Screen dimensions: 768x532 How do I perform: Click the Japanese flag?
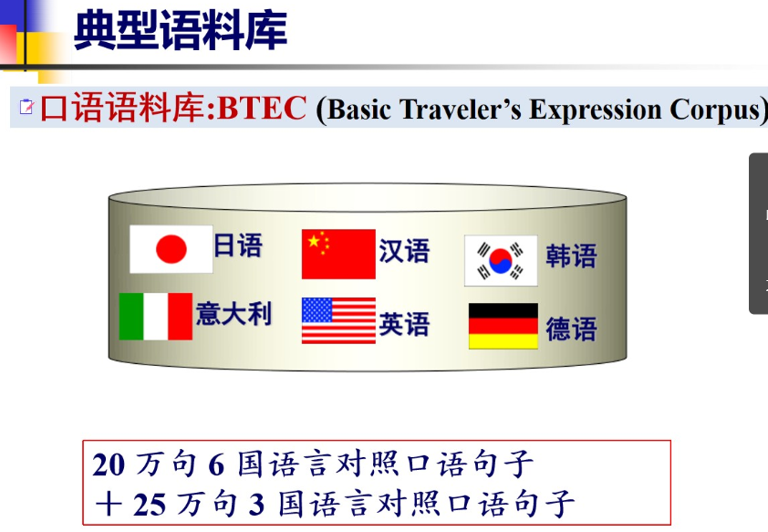[x=171, y=249]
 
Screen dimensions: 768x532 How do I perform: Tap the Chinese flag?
[x=338, y=254]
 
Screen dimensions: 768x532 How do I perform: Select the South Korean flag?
[x=501, y=260]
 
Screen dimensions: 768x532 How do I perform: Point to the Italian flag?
[x=156, y=316]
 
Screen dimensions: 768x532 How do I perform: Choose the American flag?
[x=338, y=320]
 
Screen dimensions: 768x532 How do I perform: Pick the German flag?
[x=503, y=326]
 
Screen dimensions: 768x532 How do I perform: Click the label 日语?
[x=238, y=245]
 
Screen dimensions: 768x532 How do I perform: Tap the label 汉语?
[x=404, y=251]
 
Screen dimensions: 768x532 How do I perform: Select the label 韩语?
[x=571, y=256]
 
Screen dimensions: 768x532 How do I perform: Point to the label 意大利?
[x=234, y=314]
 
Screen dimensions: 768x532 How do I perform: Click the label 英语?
[x=404, y=324]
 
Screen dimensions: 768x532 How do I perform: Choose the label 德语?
[x=571, y=329]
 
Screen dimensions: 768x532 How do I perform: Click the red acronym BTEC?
[x=262, y=108]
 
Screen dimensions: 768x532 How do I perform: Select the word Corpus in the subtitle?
[x=714, y=110]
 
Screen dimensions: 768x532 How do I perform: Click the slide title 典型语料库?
[x=181, y=30]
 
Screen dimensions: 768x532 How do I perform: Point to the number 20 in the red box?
[x=109, y=464]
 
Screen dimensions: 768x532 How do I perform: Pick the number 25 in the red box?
[x=150, y=505]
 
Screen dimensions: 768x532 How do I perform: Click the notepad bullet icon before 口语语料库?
[x=26, y=107]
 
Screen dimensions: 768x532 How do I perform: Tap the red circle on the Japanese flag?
[x=171, y=249]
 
